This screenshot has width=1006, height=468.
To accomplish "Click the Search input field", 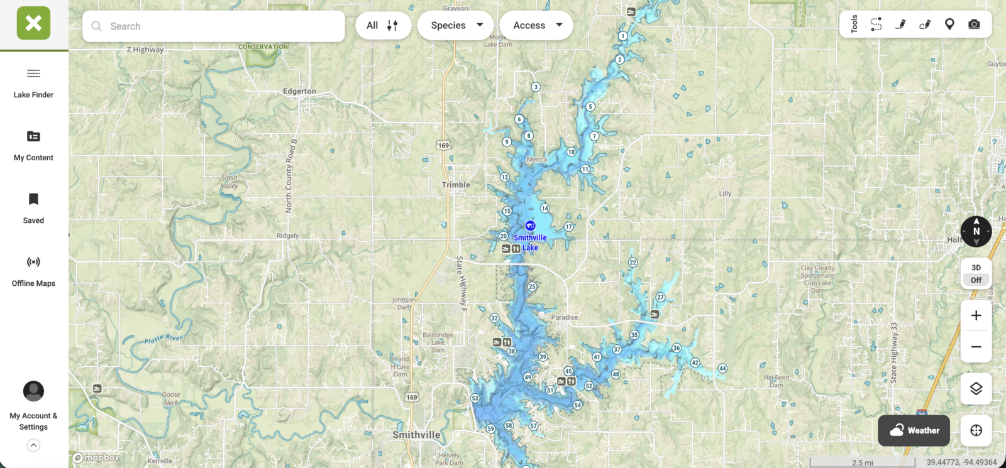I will pos(214,26).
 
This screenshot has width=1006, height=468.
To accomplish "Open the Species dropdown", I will pos(456,25).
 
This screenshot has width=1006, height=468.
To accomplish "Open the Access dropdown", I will pos(536,25).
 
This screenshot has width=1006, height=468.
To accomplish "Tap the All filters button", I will pos(383,25).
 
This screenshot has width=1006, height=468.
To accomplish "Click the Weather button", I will pos(914,430).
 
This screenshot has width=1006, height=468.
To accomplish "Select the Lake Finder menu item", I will pos(33,84).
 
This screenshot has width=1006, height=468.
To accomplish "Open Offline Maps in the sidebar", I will pos(33,271).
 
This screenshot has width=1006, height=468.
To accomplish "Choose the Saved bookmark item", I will pos(33,209).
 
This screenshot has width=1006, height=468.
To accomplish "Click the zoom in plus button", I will pos(976,315).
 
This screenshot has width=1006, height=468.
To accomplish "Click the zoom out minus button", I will pos(976,347).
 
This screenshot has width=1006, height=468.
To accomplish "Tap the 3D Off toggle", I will pos(976,274).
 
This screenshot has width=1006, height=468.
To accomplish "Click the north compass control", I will pos(976,231).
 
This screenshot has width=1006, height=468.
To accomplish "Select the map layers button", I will pos(976,389).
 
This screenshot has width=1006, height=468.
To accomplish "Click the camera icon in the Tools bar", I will pos(974,24).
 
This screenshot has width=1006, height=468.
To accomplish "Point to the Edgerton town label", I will pos(299,91).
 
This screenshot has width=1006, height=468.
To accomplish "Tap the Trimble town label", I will pos(456,185).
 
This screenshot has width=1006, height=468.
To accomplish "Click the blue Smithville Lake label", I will pos(530,242).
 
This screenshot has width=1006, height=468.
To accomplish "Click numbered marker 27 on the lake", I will pos(660,297).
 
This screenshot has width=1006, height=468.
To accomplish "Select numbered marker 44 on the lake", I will pos(722,369).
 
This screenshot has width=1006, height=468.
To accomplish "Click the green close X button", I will pos(33,23).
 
